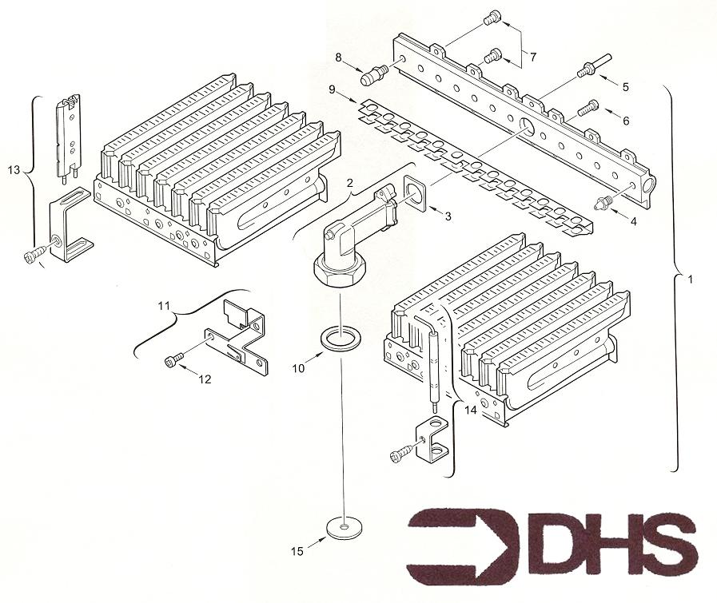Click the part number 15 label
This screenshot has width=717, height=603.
[297, 551]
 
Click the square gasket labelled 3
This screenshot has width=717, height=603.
[416, 195]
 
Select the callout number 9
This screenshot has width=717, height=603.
[333, 89]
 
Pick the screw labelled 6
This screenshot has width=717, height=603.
[588, 108]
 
